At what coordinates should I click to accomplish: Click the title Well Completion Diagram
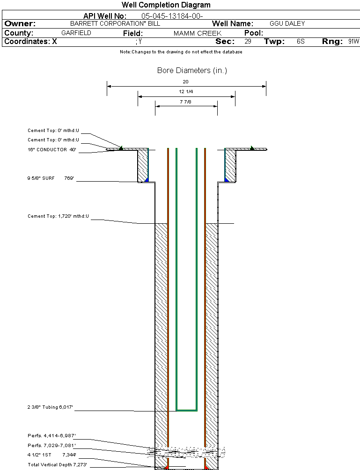click(x=166, y=5)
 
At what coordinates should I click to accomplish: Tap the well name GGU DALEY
click(x=287, y=23)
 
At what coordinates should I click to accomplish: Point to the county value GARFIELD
click(x=76, y=33)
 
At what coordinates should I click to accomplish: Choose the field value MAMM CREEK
click(x=197, y=34)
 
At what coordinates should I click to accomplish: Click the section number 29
click(x=248, y=42)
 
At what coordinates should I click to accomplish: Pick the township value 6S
click(x=301, y=42)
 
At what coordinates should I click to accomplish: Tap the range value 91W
click(x=353, y=42)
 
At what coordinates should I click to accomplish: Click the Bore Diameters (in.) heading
click(x=192, y=71)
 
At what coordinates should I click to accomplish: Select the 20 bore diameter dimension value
click(x=186, y=81)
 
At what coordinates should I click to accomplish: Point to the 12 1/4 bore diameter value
click(x=186, y=92)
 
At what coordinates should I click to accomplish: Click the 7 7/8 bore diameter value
click(x=186, y=102)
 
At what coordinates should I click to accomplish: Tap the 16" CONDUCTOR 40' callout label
click(x=51, y=150)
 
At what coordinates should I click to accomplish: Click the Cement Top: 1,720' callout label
click(x=58, y=216)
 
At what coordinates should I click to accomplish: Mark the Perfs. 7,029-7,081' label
click(x=51, y=445)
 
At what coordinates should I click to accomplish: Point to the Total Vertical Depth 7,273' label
click(x=57, y=464)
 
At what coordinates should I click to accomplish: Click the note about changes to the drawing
click(x=181, y=52)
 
